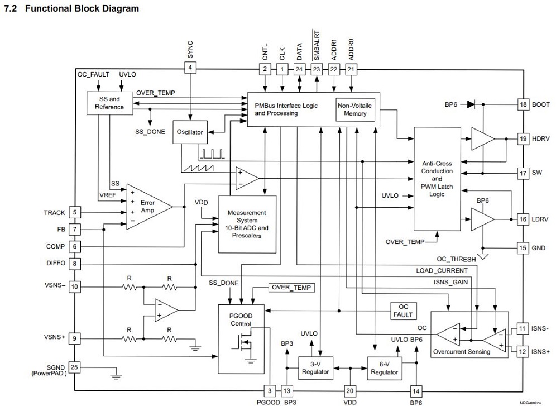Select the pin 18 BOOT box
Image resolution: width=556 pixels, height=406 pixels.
[523, 104]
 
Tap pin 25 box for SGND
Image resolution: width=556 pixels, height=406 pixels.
[75, 367]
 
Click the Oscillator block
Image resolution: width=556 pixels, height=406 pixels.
[189, 132]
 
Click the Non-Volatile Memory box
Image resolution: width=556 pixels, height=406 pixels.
[355, 109]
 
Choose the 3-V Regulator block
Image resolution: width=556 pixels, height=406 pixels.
[316, 369]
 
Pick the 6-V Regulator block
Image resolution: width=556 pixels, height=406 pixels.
[384, 369]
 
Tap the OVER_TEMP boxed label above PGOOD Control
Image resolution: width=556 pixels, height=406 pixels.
[292, 288]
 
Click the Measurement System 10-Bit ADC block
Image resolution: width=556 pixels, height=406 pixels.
[246, 223]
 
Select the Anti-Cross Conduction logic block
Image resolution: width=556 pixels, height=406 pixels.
[437, 179]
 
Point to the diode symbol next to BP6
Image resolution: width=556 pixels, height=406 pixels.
[471, 104]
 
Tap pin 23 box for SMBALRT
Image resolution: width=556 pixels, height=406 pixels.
[317, 69]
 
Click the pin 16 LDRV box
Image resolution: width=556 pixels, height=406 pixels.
[523, 219]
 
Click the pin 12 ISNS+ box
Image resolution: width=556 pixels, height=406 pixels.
[523, 351]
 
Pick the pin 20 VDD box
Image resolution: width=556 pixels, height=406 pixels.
[350, 391]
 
